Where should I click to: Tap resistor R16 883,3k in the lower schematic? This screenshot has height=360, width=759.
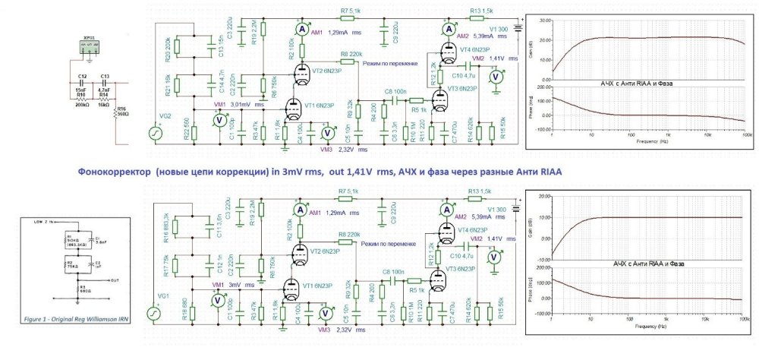(176, 224)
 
